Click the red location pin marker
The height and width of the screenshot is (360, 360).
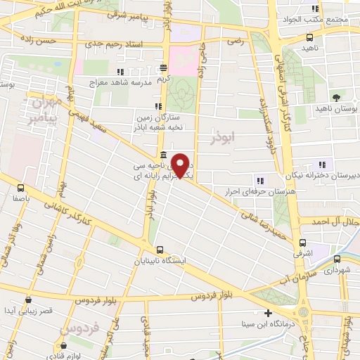[x=181, y=165]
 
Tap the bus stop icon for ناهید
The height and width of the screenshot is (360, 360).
[x=310, y=37]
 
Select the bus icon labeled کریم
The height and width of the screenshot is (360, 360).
[x=163, y=68]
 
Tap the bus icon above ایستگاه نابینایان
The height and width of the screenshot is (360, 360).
[x=160, y=249]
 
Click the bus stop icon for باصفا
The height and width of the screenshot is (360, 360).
[x=20, y=188]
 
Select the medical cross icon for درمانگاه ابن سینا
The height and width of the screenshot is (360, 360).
[x=267, y=313]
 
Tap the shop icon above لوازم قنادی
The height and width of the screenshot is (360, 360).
[x=64, y=346]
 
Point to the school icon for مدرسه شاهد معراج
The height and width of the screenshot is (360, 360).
[x=120, y=72]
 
